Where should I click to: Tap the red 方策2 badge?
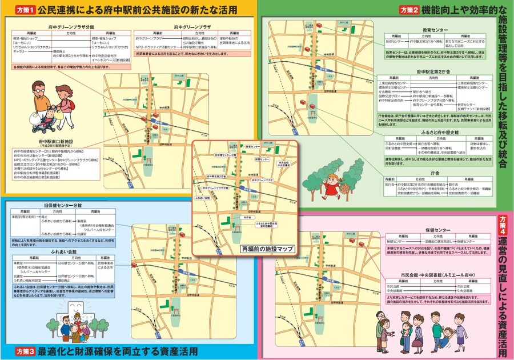(409, 10)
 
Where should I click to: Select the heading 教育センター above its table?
(435, 29)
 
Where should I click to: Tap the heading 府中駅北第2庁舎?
(435, 72)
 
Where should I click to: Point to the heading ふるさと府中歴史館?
(435, 132)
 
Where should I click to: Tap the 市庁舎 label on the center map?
(247, 218)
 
